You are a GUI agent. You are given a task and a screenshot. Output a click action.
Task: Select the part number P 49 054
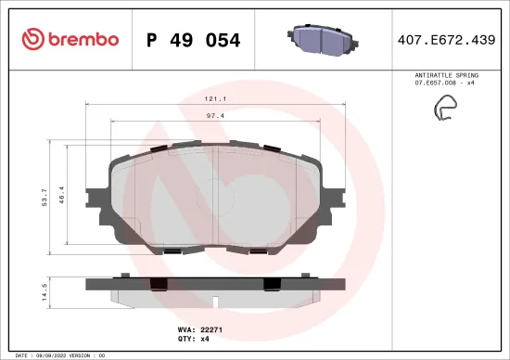point(193,40)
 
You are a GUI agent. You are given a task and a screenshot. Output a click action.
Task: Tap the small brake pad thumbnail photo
point(320,39)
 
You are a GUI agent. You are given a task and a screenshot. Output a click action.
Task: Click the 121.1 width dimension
point(217,97)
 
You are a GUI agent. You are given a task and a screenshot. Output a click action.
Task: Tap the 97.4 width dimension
point(217,115)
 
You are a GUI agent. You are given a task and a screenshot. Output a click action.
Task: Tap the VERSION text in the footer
point(81,354)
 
